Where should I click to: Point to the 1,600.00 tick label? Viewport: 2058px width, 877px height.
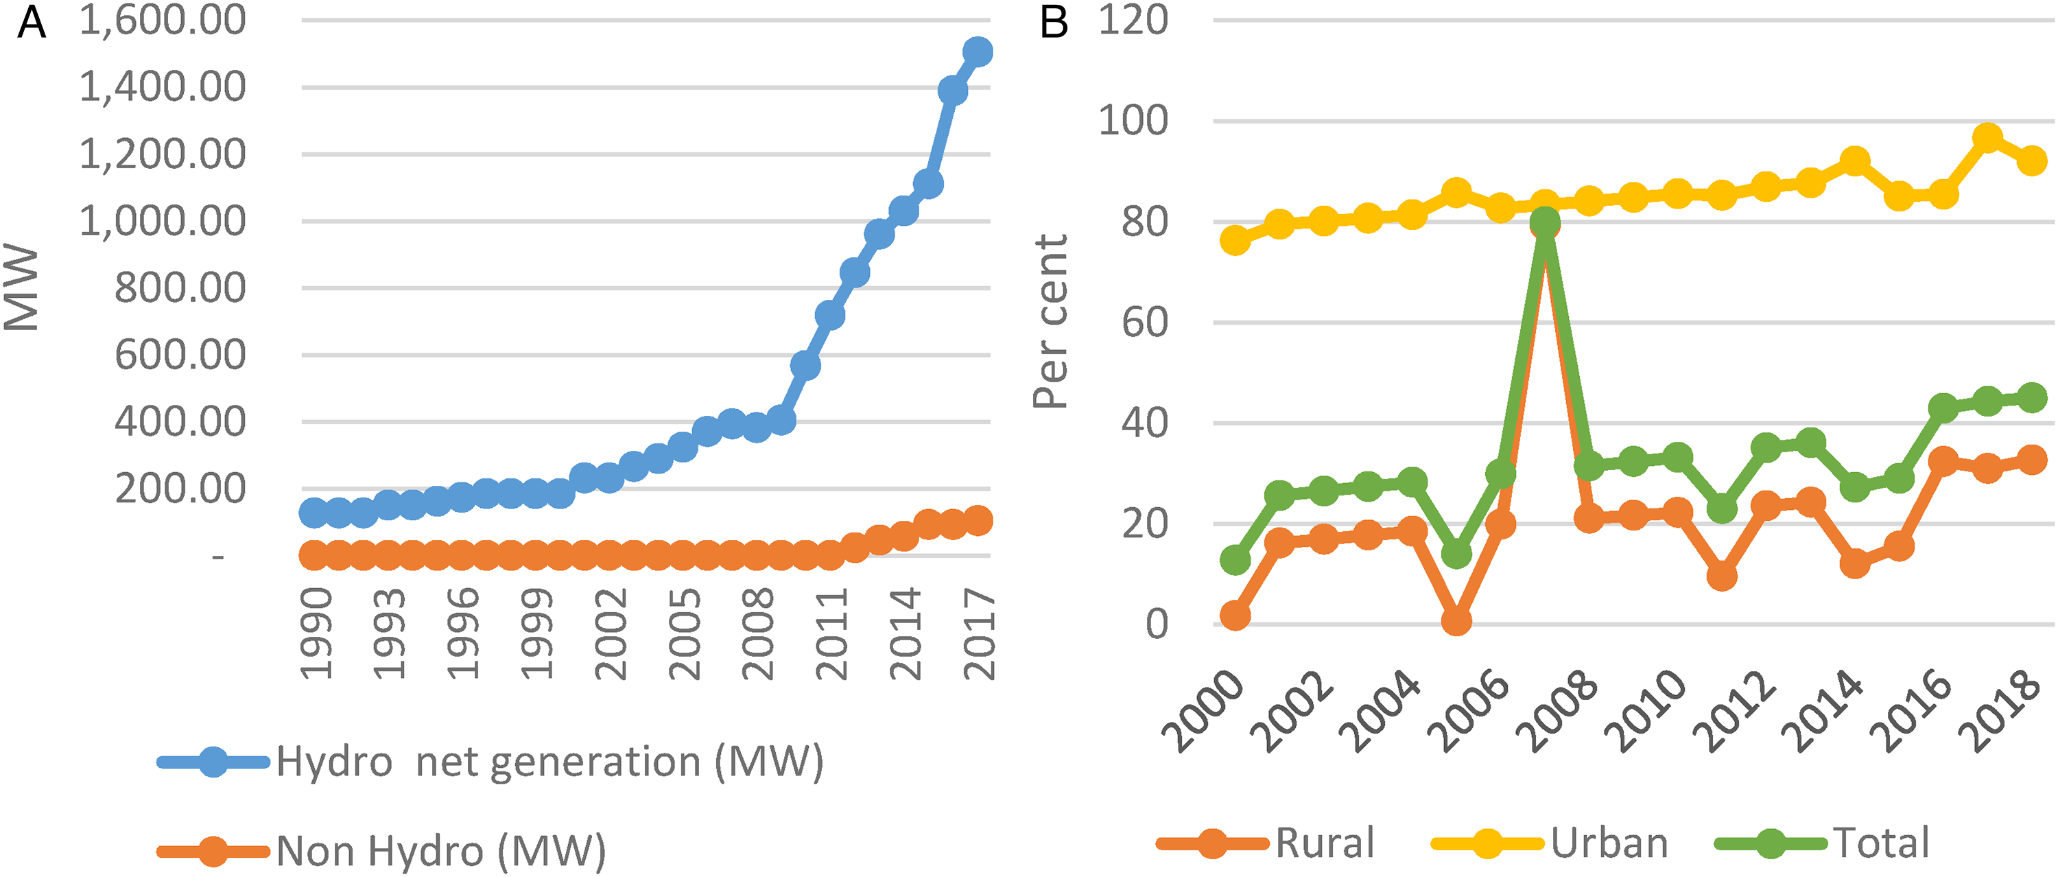tap(163, 21)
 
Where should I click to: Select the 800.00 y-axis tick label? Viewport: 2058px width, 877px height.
tap(180, 288)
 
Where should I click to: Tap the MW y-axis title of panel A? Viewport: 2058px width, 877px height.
tap(21, 288)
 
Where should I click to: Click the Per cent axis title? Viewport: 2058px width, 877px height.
tap(1050, 321)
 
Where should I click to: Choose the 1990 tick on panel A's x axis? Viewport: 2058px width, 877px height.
tap(316, 633)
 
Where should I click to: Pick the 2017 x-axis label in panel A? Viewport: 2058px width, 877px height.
tap(979, 633)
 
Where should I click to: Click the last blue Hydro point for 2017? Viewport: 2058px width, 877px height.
tap(978, 53)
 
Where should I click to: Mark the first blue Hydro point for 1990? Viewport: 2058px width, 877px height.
tap(314, 513)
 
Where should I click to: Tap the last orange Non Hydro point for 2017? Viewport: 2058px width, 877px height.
tap(978, 520)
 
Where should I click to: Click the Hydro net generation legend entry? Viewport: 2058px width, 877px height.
tap(490, 762)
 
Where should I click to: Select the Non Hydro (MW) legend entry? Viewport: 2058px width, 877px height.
tap(382, 852)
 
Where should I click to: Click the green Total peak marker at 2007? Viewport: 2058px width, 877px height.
tap(1545, 223)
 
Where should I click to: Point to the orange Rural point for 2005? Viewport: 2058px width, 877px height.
tap(1456, 620)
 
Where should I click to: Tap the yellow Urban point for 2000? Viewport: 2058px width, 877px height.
tap(1235, 239)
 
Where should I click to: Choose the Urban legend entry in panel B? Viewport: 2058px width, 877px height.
tap(1550, 843)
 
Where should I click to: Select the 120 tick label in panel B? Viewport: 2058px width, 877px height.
tap(1133, 21)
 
